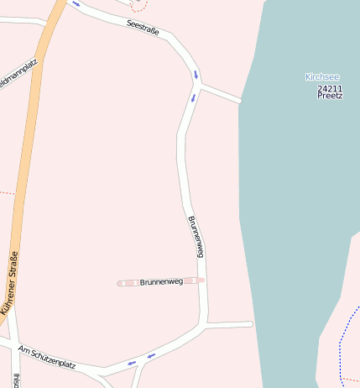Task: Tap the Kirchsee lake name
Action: click(323, 77)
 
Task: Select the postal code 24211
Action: click(330, 87)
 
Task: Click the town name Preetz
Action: click(330, 96)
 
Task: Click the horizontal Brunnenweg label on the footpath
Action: click(161, 282)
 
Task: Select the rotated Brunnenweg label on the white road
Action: click(196, 237)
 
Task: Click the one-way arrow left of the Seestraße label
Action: click(76, 3)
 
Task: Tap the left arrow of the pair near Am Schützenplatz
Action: click(131, 363)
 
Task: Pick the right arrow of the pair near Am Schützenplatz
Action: click(151, 356)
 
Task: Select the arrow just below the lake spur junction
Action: click(193, 98)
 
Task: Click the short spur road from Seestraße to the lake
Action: click(221, 93)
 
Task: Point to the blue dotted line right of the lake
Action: click(341, 344)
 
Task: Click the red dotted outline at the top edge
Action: click(138, 6)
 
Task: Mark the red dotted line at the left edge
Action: click(6, 192)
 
